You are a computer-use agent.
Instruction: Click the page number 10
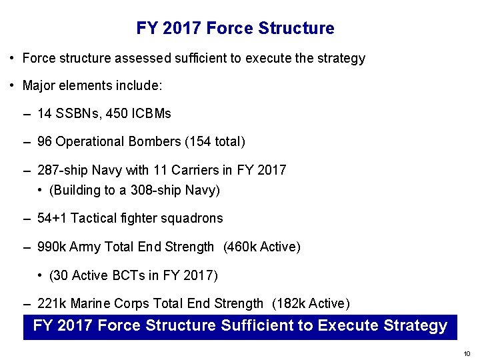pyautogui.click(x=467, y=353)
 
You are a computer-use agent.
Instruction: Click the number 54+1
pyautogui.click(x=52, y=218)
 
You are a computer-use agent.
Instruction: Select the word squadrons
pyautogui.click(x=191, y=218)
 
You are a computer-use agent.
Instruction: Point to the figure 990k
pyautogui.click(x=52, y=247)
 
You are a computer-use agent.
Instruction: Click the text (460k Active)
pyautogui.click(x=263, y=247)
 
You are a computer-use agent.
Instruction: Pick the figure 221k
pyautogui.click(x=52, y=304)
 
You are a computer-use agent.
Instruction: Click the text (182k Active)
pyautogui.click(x=311, y=304)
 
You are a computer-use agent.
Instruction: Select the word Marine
pyautogui.click(x=90, y=304)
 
